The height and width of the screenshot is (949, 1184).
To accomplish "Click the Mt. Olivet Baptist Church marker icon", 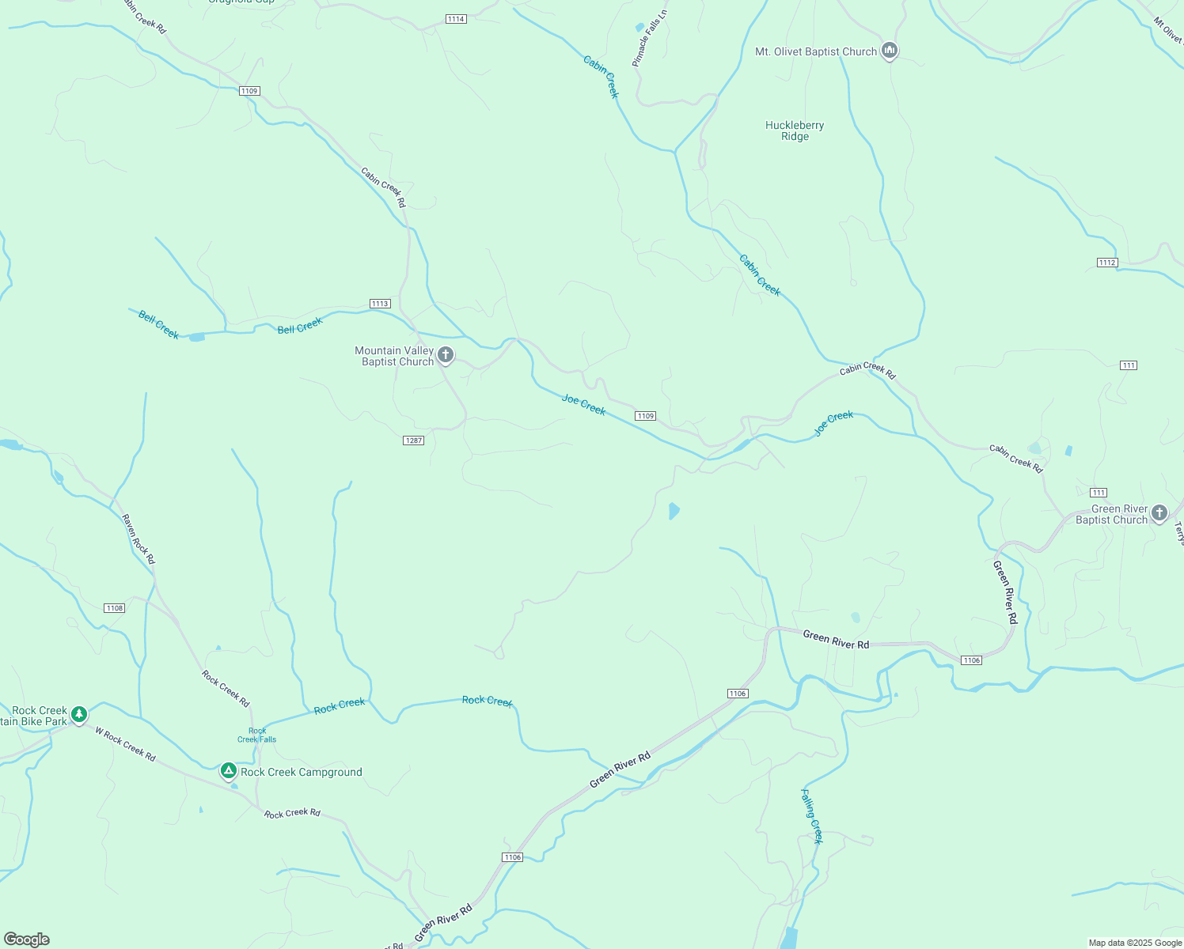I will (890, 51).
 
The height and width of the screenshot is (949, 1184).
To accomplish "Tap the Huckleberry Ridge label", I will (795, 130).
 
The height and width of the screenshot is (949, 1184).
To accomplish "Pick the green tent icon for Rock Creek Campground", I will (229, 770).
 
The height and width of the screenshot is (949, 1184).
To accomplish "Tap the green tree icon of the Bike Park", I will (79, 714).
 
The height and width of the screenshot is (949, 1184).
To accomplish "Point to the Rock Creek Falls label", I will (257, 735).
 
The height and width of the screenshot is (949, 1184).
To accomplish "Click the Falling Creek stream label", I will (812, 816).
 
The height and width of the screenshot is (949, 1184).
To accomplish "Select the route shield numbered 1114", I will (456, 19).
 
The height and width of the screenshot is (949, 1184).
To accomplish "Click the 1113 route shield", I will (380, 304).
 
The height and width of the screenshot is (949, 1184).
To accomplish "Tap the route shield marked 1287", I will (414, 440).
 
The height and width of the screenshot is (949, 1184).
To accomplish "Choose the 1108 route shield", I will (115, 608).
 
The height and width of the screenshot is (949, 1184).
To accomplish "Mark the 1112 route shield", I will (1107, 263).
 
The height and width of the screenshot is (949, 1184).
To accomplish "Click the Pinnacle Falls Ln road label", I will (650, 38).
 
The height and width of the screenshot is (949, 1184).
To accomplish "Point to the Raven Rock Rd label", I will (139, 539).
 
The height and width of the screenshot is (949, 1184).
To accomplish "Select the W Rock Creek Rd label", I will (125, 744).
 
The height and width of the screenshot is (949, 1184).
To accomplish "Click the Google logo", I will (27, 940).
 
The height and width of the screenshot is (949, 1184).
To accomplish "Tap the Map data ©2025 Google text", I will (1134, 943).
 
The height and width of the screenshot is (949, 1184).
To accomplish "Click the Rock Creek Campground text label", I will (302, 772).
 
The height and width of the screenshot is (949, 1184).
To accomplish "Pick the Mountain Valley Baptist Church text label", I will (394, 356).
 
